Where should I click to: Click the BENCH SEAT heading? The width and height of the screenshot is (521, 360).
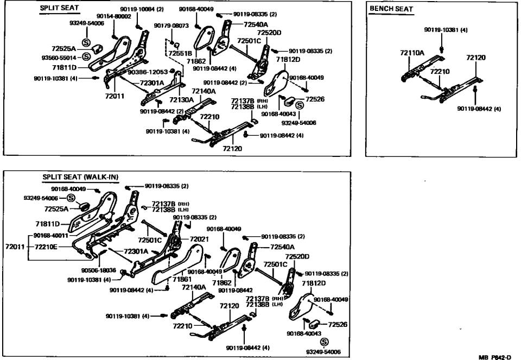tap(391, 9)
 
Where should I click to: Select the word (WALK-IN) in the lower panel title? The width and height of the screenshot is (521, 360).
tap(101, 177)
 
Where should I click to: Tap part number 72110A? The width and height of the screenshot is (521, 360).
tap(412, 53)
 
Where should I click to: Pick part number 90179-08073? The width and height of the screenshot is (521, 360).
tap(171, 26)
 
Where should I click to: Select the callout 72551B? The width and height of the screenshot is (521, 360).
tap(180, 54)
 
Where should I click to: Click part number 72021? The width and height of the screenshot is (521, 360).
tap(199, 239)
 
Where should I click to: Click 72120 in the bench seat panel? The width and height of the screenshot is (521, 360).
tap(475, 57)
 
